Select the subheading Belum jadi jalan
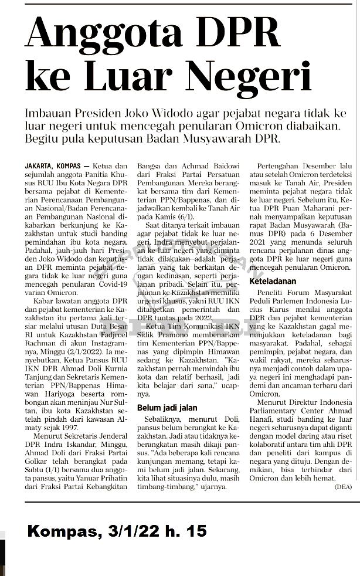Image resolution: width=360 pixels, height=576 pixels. pos(167,408)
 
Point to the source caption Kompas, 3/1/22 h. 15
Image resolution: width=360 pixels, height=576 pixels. pos(117,532)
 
